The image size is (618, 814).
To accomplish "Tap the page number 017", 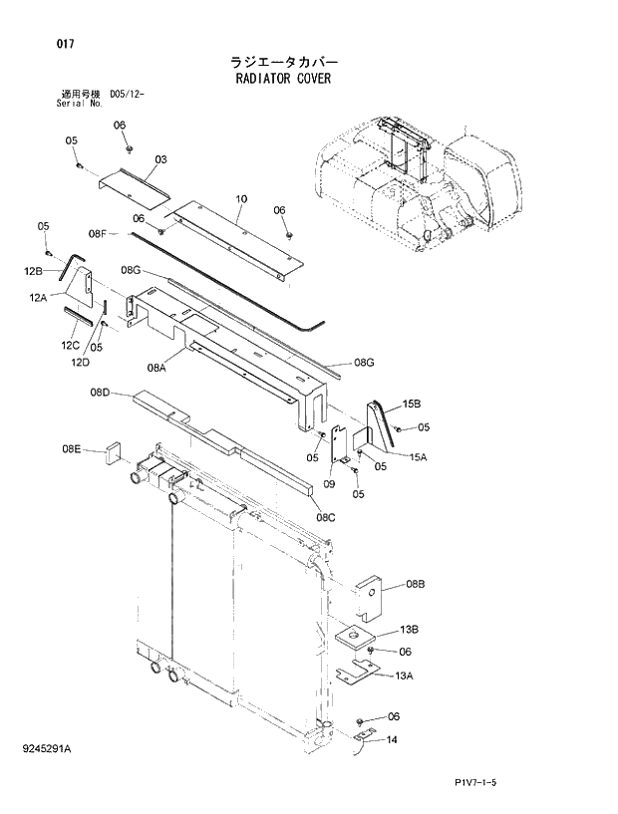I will [39, 44].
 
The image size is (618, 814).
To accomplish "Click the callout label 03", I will [160, 159].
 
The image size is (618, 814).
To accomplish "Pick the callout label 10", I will [241, 199].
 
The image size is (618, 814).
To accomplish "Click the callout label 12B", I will [34, 271].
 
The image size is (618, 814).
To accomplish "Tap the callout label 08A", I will [155, 368].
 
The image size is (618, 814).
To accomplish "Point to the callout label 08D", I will [100, 394].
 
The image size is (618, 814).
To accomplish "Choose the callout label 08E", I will [71, 450].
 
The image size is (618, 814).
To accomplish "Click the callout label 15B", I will [412, 405].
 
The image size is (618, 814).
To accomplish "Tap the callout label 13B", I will [409, 630].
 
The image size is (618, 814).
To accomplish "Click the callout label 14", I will [392, 740].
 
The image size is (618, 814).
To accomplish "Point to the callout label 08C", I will [326, 516].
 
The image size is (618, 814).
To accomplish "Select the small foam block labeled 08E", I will [113, 454].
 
